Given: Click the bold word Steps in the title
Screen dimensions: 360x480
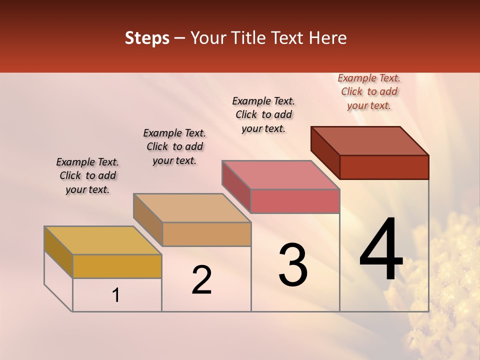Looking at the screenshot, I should (147, 38).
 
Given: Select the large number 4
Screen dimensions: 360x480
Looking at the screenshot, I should (381, 250).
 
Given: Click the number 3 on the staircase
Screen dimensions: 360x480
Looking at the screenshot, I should (292, 265).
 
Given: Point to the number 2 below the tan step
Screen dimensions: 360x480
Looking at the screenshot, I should (201, 280).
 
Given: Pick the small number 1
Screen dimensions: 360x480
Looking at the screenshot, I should (116, 295).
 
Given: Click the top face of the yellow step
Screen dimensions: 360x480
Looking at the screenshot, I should (102, 240).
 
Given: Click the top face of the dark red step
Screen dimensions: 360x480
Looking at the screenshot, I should (370, 141).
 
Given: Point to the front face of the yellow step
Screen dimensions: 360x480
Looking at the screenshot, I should (117, 266).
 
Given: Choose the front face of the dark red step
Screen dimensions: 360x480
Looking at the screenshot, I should (384, 167).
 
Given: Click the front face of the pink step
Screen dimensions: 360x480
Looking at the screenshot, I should (295, 201).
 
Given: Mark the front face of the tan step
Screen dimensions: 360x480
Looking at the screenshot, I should (206, 234).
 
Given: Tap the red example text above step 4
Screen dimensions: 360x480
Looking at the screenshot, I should (369, 92).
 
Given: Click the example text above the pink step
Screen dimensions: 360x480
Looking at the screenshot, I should (263, 114).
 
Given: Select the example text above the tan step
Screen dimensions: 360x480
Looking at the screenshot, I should (174, 146).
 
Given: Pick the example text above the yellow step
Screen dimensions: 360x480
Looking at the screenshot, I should (87, 175).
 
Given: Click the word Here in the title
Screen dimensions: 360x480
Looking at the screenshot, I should (328, 38).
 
